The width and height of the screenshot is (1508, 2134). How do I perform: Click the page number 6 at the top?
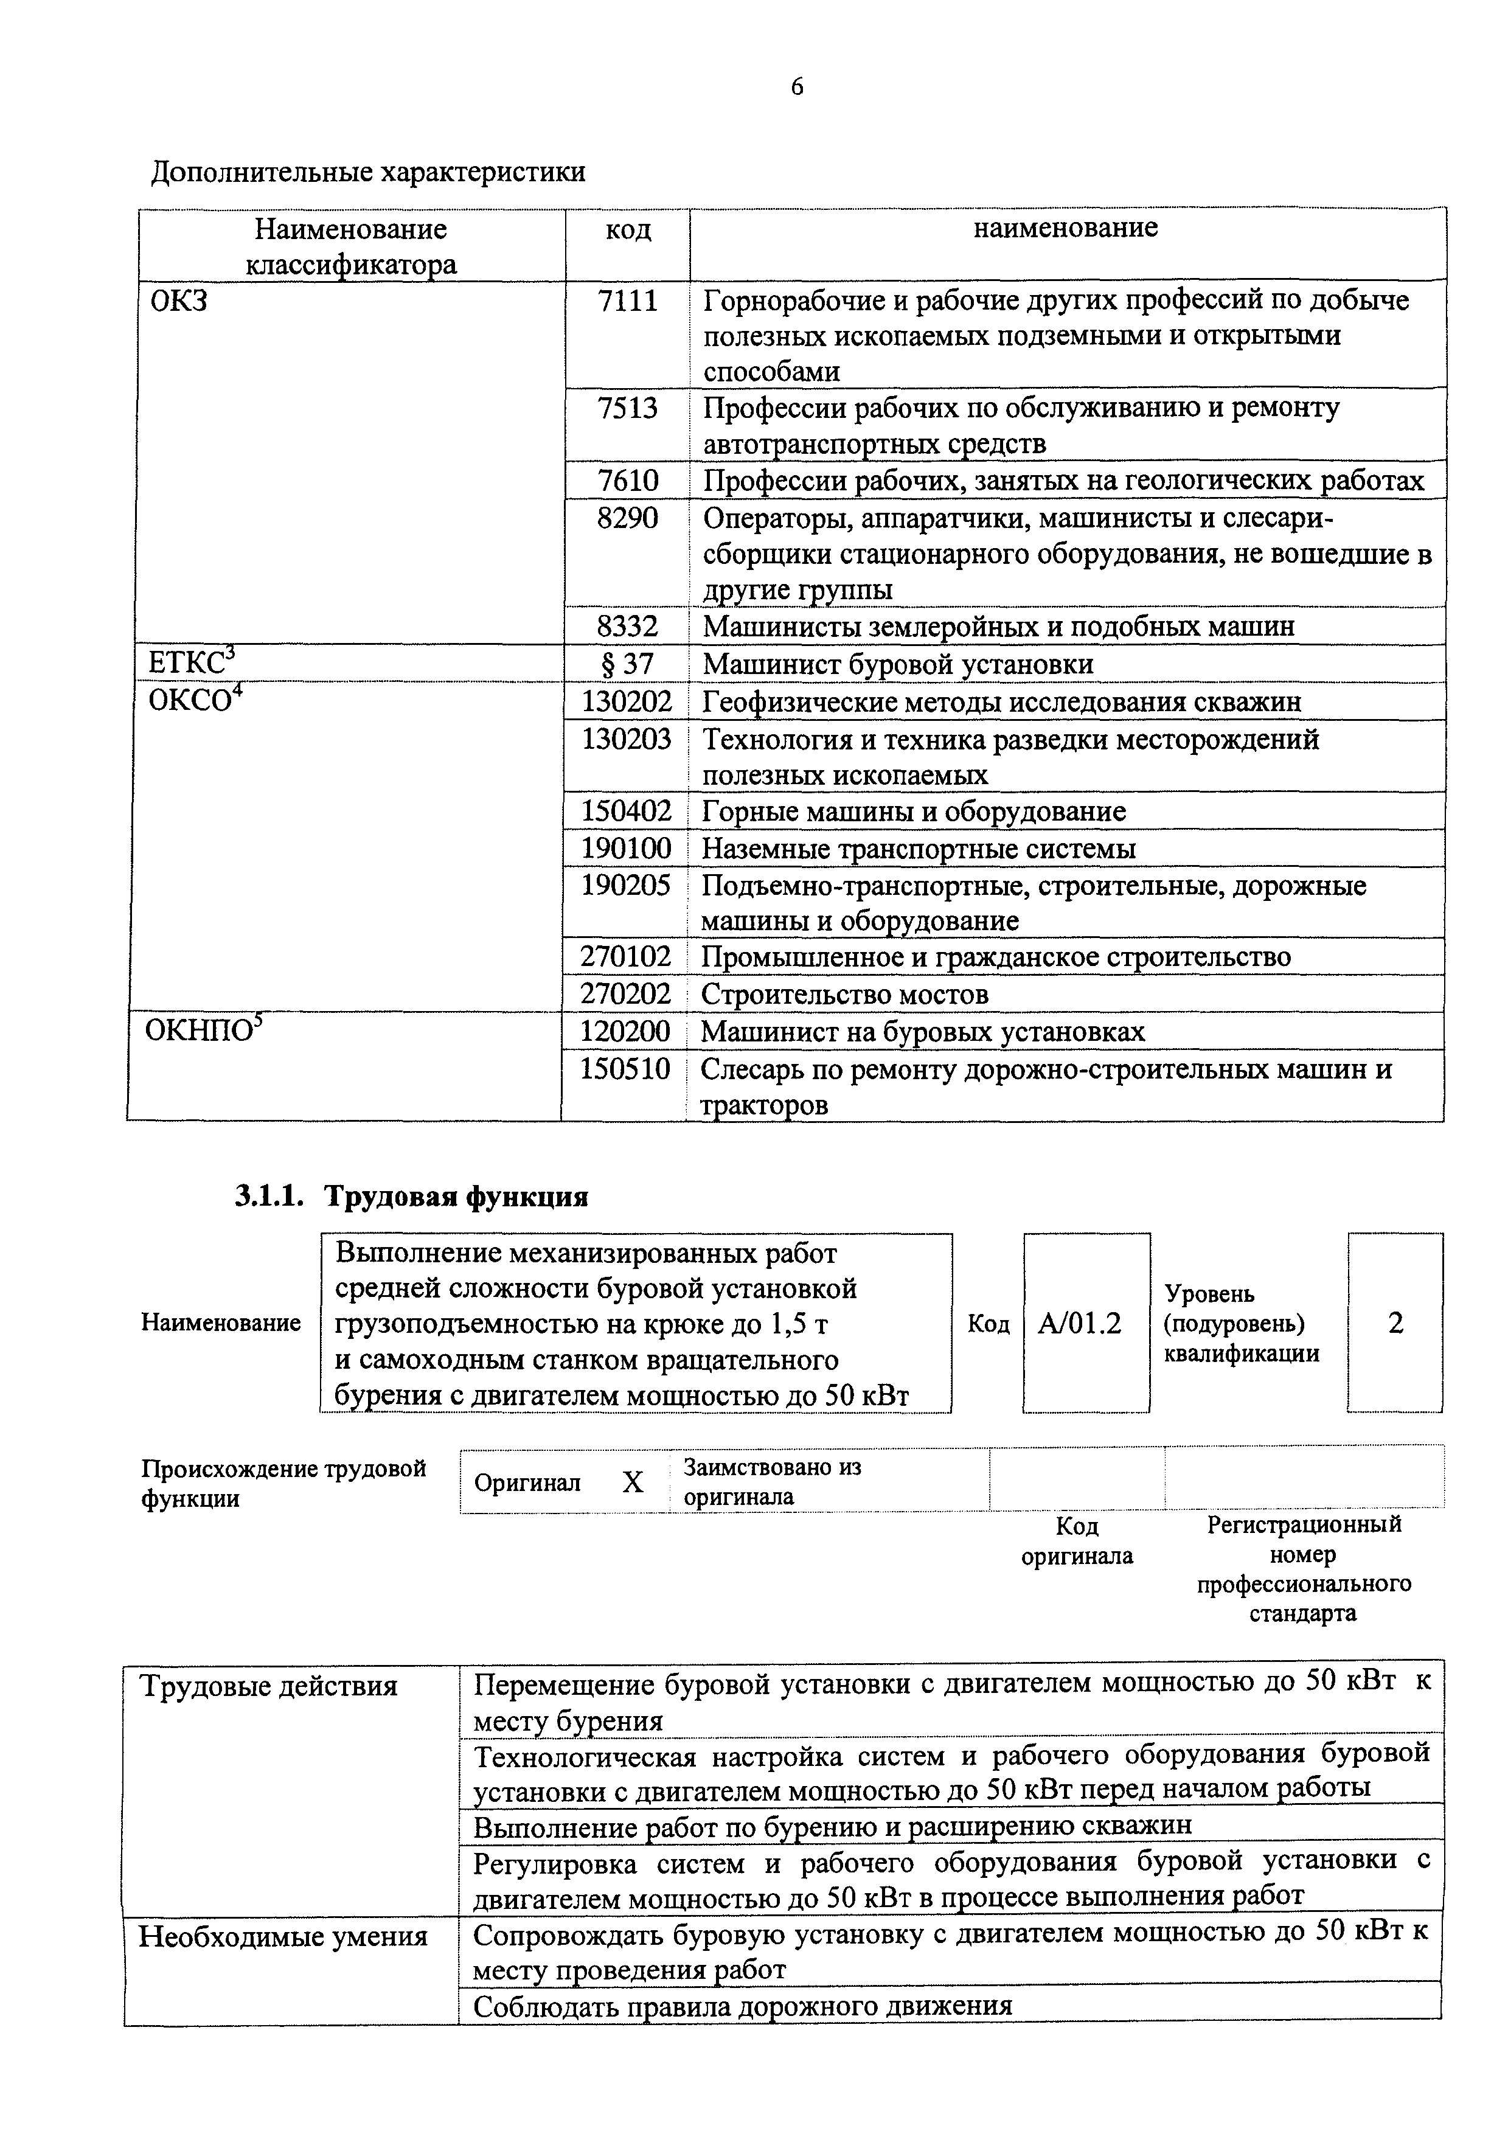797,86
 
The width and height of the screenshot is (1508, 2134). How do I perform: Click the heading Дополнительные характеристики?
368,172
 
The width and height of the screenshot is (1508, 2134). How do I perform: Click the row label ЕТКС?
192,662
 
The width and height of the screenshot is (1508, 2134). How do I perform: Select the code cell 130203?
626,739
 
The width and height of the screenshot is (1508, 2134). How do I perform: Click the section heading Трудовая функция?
455,1196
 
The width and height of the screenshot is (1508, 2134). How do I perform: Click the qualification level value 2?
1395,1322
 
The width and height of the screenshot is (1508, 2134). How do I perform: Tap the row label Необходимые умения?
282,1936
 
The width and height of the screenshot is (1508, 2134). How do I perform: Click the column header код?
628,229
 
